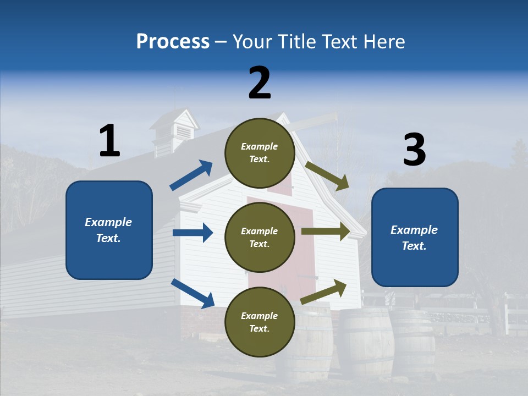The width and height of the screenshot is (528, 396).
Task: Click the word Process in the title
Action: [x=173, y=42]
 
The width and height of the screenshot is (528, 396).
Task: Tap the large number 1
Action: [x=109, y=141]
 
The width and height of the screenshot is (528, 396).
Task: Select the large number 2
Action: [x=260, y=83]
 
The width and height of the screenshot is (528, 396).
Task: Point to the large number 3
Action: [x=414, y=150]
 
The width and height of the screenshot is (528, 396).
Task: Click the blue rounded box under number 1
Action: [x=109, y=230]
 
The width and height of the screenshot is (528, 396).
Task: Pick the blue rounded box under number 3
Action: [x=415, y=237]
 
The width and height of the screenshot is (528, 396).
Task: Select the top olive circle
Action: [x=260, y=153]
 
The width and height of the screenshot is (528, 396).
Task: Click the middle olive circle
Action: [x=260, y=237]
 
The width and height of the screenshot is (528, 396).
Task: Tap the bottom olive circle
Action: [x=260, y=322]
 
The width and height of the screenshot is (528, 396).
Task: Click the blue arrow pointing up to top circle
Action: [x=191, y=175]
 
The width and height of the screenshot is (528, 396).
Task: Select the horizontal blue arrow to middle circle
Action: [x=193, y=233]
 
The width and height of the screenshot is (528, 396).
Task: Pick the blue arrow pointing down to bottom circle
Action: [x=193, y=293]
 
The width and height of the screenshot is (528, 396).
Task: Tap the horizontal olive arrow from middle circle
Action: [x=326, y=231]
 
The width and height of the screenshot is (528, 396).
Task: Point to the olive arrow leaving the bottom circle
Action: [x=323, y=291]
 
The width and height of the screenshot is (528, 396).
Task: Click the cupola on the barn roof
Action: [x=175, y=130]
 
